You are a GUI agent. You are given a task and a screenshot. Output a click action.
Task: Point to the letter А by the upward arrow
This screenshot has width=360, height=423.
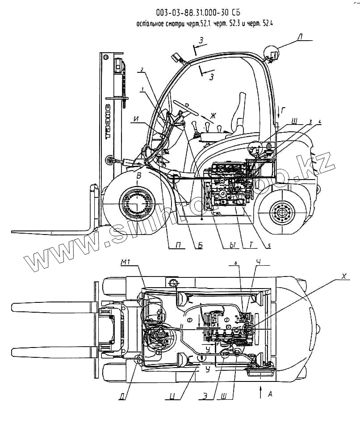[x=270, y=394]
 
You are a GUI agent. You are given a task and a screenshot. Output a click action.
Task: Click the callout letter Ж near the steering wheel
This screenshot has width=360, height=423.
[x=213, y=117]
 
